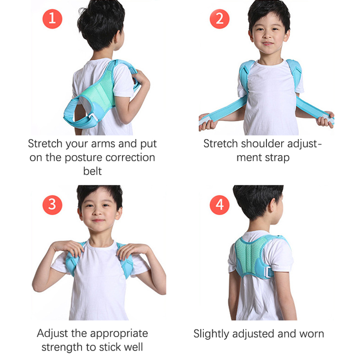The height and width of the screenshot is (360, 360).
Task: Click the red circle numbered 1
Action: pos(52,19)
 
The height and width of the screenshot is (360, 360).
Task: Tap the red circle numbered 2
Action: pos(220,19)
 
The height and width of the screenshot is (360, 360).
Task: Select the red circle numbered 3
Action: pos(52,205)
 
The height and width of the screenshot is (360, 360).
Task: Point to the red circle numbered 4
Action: pos(220,205)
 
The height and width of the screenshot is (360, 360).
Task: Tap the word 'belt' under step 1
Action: pos(92,171)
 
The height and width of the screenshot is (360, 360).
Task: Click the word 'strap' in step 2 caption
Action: pos(277,158)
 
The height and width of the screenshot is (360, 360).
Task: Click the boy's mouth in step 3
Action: pos(98,221)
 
